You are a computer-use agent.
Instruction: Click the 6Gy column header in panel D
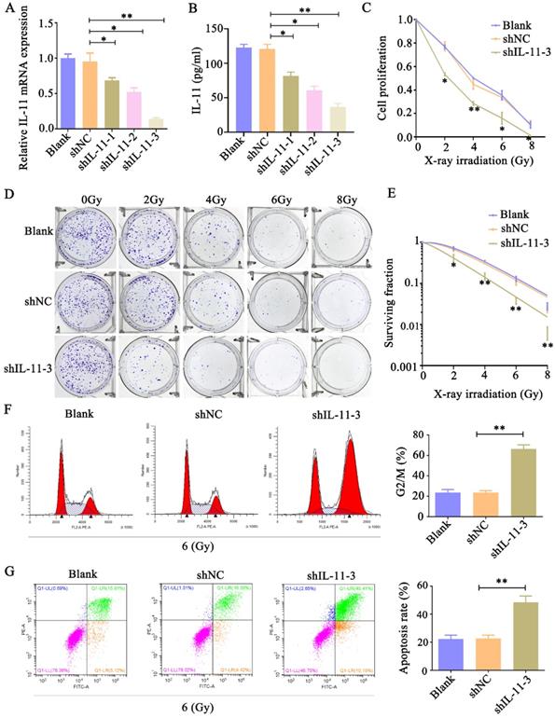tap(278, 200)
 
